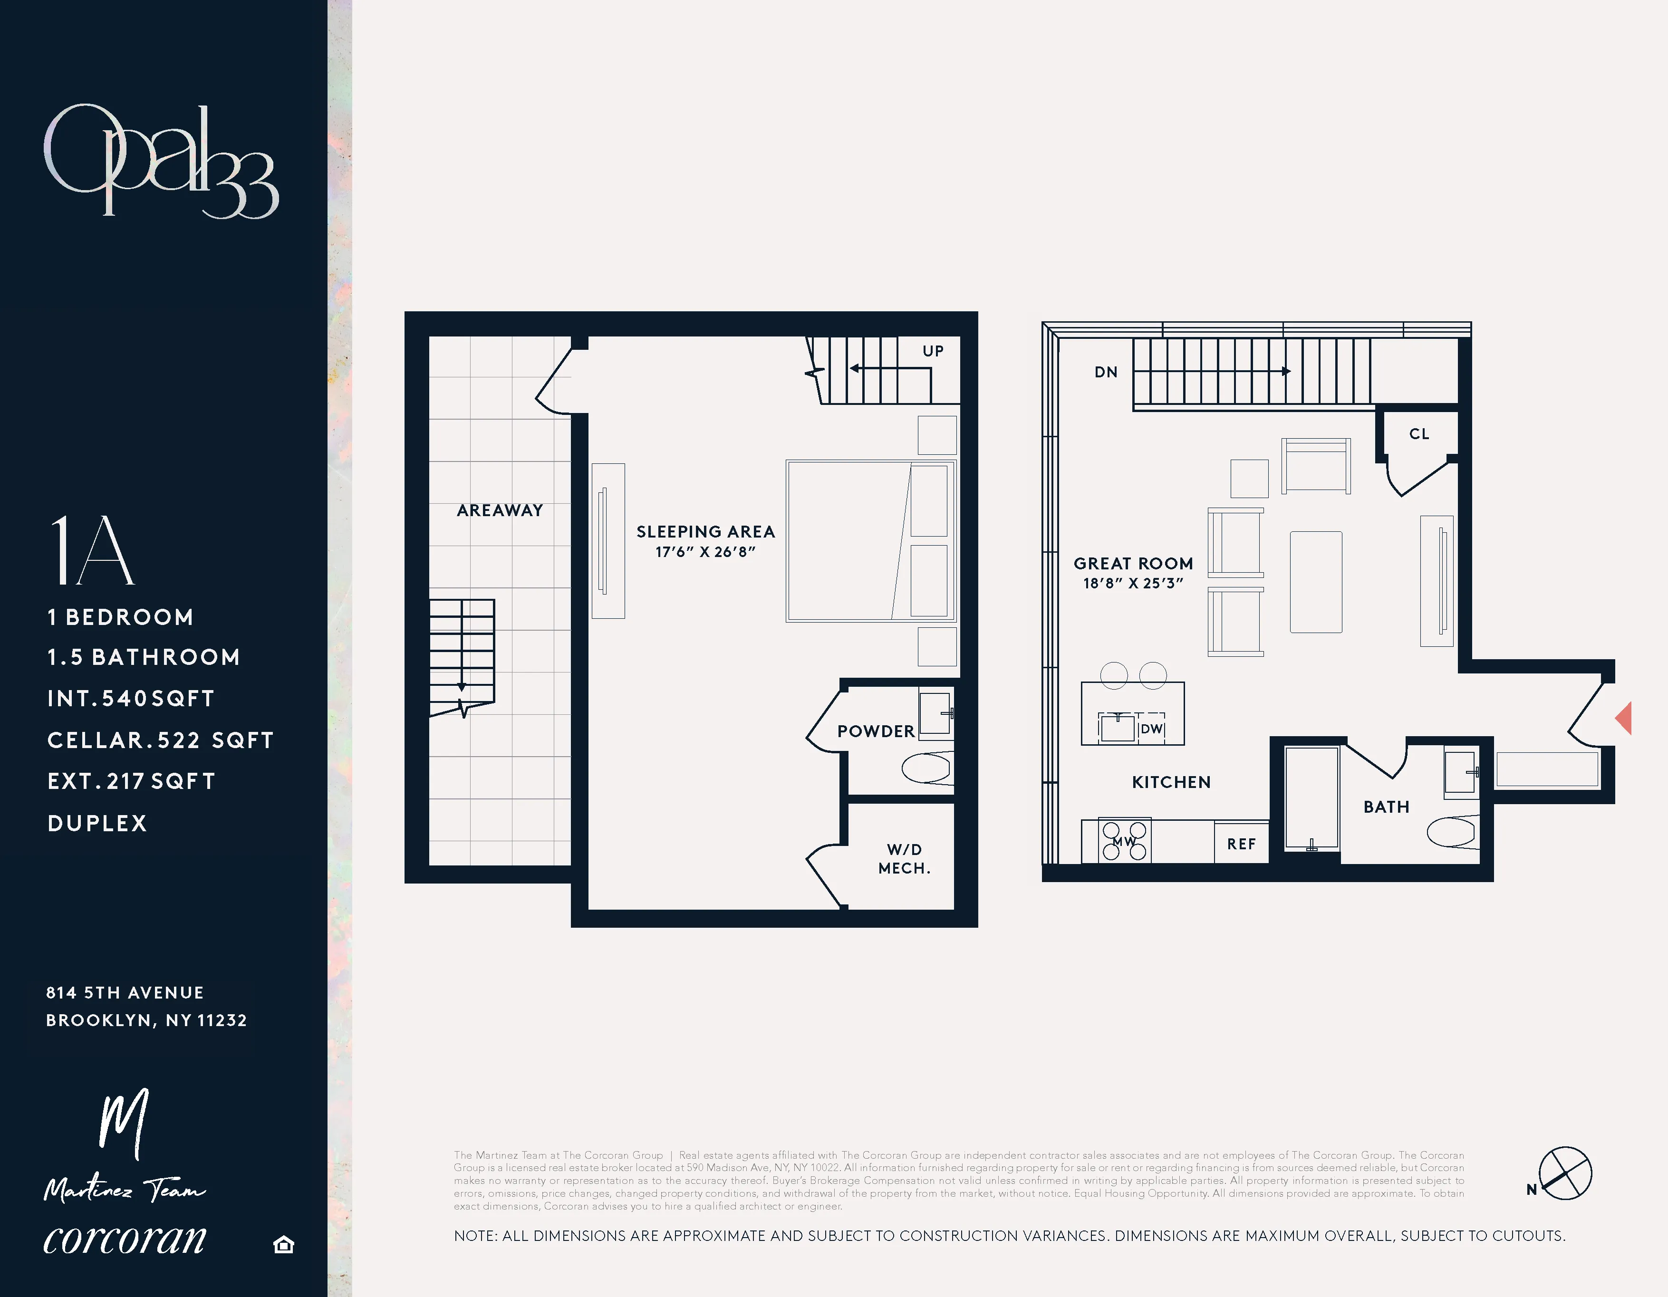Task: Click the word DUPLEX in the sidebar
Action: (97, 823)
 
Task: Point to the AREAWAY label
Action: (500, 510)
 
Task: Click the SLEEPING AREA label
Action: (705, 531)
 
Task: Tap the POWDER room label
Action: (875, 731)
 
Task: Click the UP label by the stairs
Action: (933, 351)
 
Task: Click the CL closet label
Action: (1418, 433)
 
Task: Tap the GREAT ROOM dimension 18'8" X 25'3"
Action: (1133, 583)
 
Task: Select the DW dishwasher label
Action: (1151, 729)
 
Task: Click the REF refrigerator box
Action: (1241, 844)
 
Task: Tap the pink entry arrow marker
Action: (1624, 718)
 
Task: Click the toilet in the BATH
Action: (1453, 832)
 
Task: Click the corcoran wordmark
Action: (125, 1238)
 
